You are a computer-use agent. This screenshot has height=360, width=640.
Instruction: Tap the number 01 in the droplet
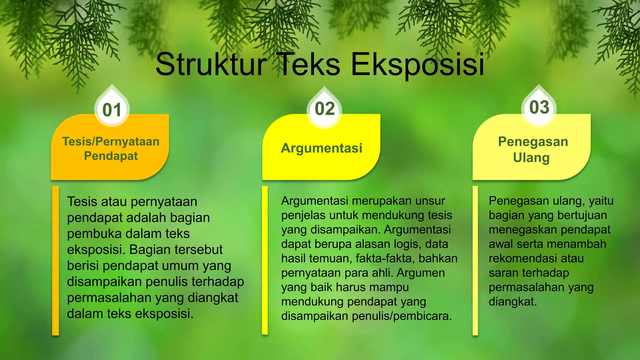point(112,110)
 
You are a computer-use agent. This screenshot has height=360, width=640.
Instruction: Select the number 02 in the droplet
point(325,109)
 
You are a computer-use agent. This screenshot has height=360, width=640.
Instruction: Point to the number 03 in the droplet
point(539,107)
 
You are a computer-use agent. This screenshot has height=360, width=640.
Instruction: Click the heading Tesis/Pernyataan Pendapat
point(111,148)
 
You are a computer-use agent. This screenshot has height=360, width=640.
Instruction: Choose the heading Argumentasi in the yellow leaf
point(322,148)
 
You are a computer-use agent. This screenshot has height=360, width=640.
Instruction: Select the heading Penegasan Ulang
point(532,149)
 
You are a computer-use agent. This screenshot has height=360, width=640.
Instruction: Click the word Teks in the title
point(309,65)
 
